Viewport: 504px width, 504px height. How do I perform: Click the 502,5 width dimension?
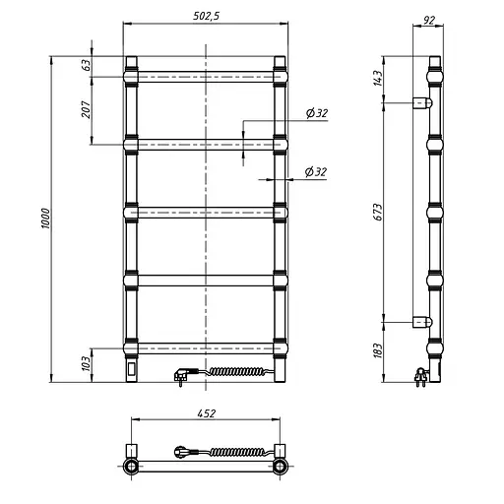(x=206, y=17)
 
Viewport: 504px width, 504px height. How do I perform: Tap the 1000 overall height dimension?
(x=45, y=219)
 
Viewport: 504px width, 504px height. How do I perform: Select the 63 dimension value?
(x=86, y=65)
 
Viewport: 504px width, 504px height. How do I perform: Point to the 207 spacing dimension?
(x=86, y=109)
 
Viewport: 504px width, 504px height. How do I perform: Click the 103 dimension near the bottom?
(x=85, y=363)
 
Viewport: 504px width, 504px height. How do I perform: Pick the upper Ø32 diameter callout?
(x=317, y=113)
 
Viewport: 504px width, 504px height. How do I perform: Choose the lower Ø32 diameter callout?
(x=316, y=171)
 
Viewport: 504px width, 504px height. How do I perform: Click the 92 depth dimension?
(x=428, y=21)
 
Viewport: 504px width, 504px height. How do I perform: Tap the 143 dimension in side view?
(x=378, y=78)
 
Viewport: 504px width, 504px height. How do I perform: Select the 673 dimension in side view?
(x=378, y=213)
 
